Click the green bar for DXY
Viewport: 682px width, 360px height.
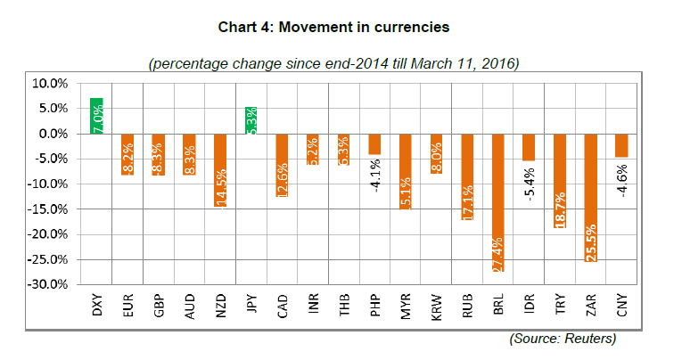97,116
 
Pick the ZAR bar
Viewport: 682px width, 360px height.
592,197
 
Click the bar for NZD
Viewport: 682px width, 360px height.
220,169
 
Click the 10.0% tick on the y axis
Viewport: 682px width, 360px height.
51,84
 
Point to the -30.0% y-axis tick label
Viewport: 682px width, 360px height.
48,285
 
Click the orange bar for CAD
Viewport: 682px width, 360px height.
283,165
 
